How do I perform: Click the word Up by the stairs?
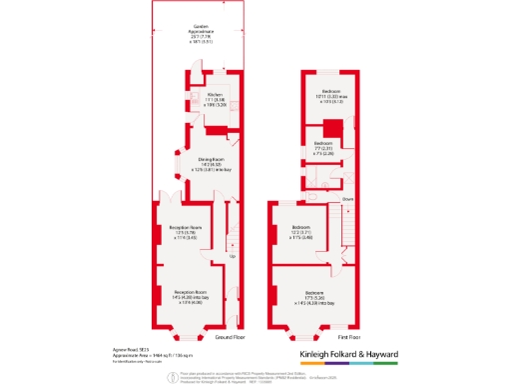click(x=234, y=257)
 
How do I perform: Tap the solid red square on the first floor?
click(x=335, y=128)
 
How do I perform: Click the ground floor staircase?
click(x=235, y=236)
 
